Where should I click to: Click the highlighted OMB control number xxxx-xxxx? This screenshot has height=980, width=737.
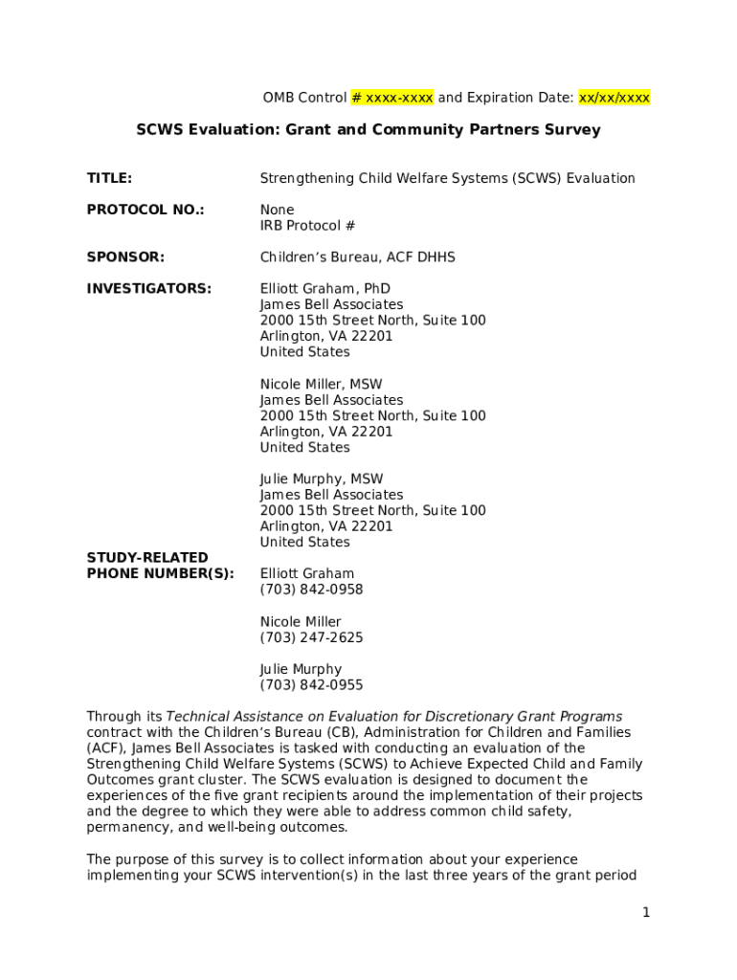(x=392, y=98)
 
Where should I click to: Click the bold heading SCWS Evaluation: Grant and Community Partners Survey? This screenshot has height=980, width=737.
(x=368, y=129)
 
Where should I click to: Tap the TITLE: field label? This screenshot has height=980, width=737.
(x=109, y=178)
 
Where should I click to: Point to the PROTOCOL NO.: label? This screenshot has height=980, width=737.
(x=145, y=210)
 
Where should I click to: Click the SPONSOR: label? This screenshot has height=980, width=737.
(x=125, y=257)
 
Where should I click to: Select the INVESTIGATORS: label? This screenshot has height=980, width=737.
(x=149, y=289)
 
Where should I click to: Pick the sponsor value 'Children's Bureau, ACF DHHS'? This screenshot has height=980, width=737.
(x=357, y=257)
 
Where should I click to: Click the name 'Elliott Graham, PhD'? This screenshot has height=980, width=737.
(x=324, y=289)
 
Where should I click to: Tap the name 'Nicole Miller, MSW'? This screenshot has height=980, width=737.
(x=321, y=384)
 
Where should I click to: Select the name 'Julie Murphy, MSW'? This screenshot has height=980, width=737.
(x=322, y=479)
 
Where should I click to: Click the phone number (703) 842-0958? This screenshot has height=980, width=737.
(x=311, y=590)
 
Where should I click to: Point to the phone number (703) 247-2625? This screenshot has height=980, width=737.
(x=311, y=637)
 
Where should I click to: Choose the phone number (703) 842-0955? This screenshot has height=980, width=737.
(x=311, y=685)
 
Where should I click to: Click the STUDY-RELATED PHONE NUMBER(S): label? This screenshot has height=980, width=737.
(x=160, y=566)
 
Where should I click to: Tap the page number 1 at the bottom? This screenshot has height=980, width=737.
(x=646, y=913)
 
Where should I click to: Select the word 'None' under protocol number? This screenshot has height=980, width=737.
(x=277, y=210)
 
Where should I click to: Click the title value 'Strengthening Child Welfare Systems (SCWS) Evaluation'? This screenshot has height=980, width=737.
(x=447, y=178)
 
